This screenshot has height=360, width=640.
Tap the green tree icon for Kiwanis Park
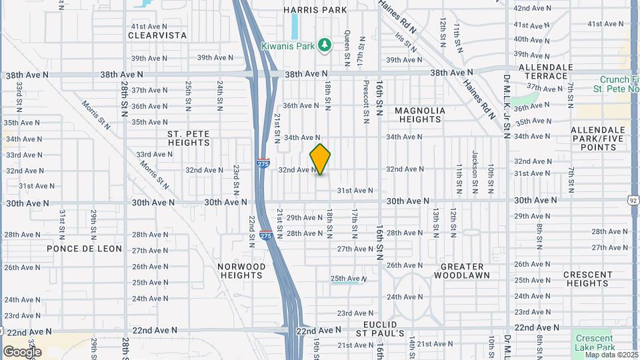[x=325, y=45]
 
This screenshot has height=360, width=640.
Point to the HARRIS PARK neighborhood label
[x=315, y=10]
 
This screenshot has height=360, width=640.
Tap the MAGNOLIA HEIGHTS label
[x=419, y=115]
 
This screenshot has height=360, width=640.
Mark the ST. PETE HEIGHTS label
[x=189, y=138]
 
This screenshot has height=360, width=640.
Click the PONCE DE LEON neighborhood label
[x=84, y=249]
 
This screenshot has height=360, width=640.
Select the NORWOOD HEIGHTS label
[x=242, y=271]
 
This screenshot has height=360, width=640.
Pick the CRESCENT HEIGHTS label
[x=587, y=279]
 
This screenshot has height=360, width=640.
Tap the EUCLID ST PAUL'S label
[x=379, y=328]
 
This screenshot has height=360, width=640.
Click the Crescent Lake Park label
[x=595, y=343]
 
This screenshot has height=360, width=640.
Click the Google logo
[x=22, y=351]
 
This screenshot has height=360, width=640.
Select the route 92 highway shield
[x=633, y=199]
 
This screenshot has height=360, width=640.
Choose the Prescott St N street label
[x=366, y=103]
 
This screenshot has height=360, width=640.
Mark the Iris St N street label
[x=405, y=43]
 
